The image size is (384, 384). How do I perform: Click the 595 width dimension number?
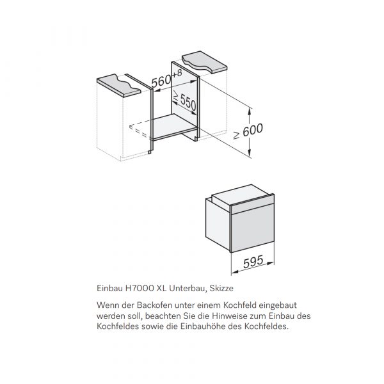[x=253, y=262]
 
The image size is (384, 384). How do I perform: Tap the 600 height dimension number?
[x=253, y=130]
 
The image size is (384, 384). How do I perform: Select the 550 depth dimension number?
[x=188, y=102]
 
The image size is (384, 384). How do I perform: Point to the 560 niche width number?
[x=161, y=81]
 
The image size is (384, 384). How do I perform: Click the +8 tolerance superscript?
[x=177, y=73]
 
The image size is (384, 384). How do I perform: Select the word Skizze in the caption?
[x=221, y=288]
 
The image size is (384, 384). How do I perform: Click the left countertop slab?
[x=119, y=85]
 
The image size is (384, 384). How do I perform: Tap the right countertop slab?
[x=205, y=61]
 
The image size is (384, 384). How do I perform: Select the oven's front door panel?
[x=252, y=227]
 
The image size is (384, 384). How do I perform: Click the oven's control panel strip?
[x=252, y=202]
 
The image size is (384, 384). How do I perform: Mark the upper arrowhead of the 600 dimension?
[x=250, y=111]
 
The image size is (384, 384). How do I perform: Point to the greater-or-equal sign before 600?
[x=236, y=135]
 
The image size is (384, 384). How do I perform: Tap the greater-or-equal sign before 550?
[x=176, y=95]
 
